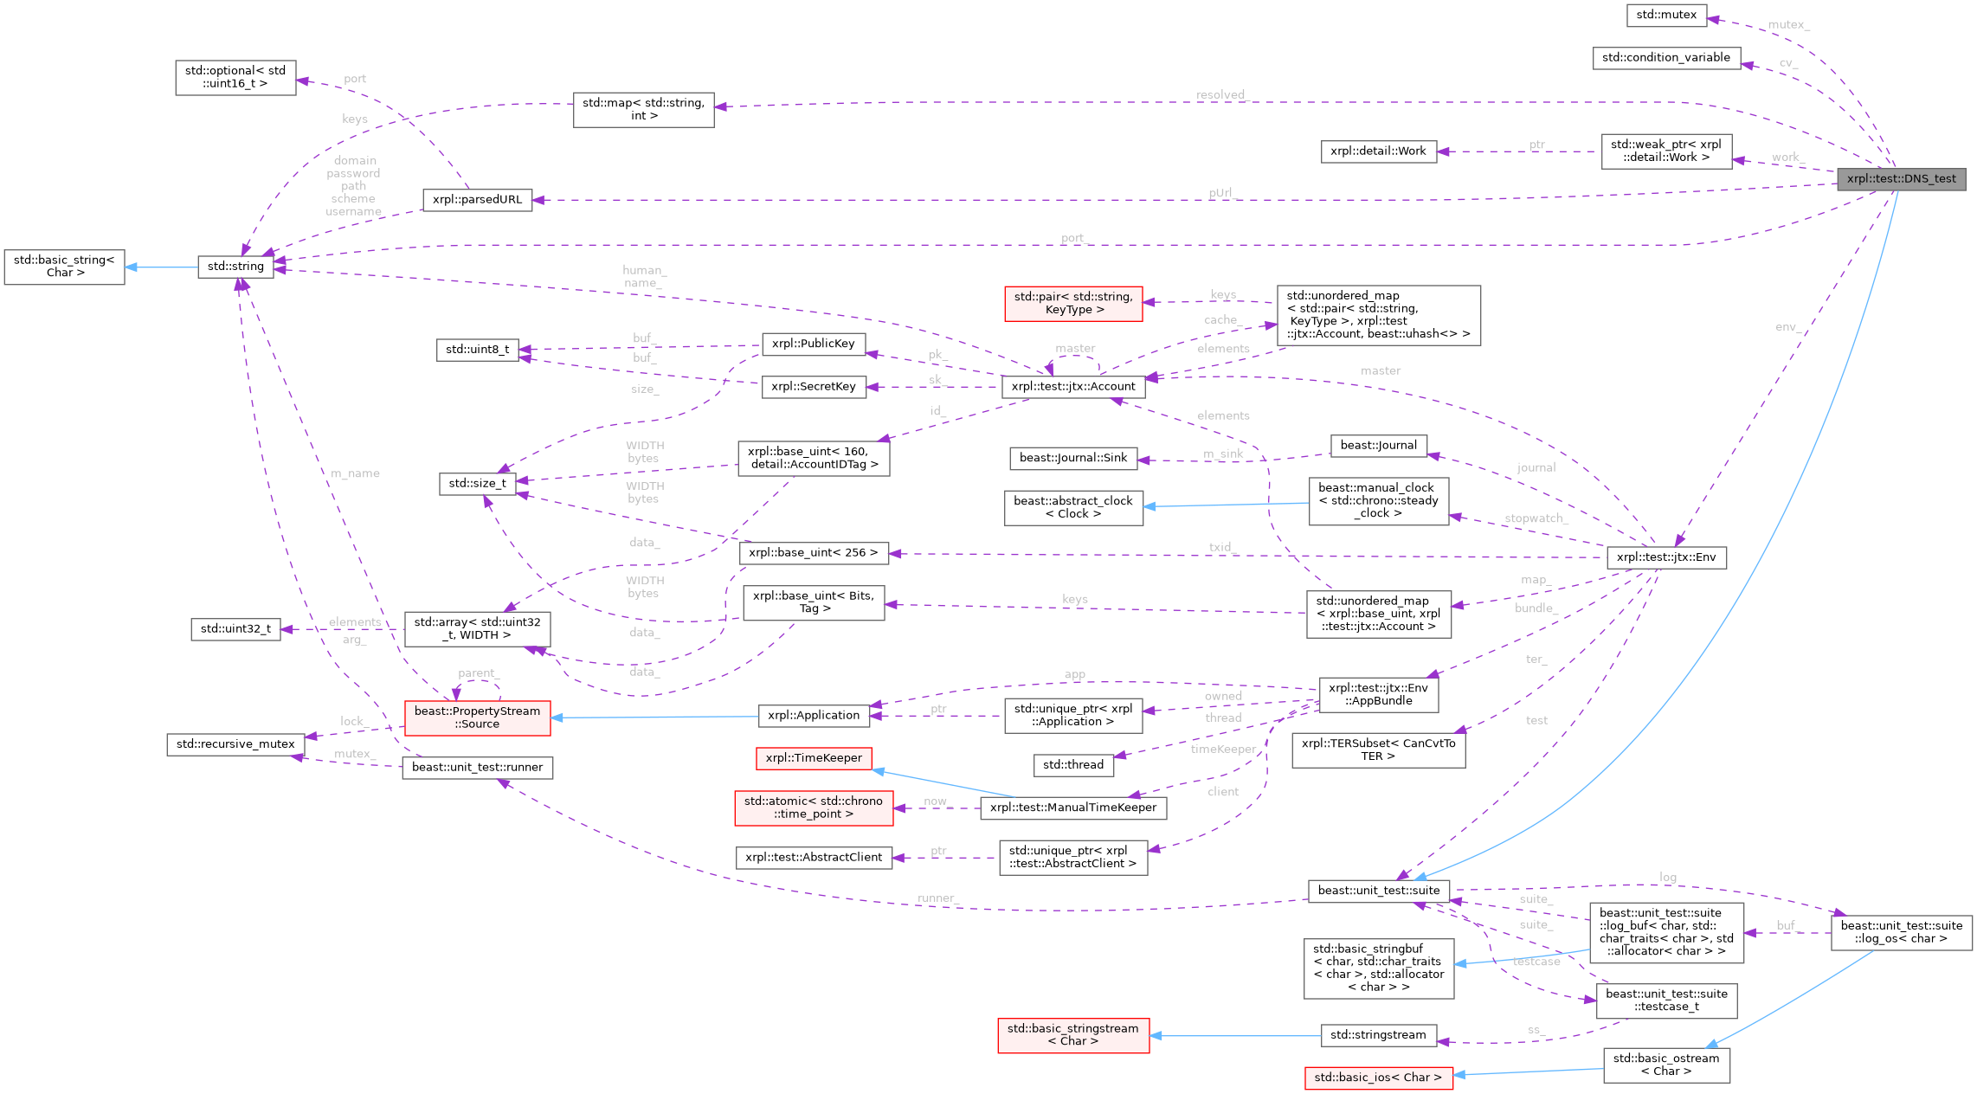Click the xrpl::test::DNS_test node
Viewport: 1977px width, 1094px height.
1901,179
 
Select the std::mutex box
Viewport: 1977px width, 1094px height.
1665,15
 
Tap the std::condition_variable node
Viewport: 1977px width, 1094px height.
1665,58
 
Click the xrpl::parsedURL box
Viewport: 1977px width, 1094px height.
477,200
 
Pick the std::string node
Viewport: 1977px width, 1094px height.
235,267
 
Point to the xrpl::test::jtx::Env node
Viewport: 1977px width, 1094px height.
1665,557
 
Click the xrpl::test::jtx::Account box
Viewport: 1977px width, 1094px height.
1072,387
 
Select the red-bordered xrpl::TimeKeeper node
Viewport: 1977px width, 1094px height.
814,758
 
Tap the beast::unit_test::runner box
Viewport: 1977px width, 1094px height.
477,768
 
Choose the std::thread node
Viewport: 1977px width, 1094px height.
1072,765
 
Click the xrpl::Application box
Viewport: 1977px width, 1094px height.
814,715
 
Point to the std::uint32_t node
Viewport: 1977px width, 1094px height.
235,629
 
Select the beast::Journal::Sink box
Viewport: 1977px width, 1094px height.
1072,458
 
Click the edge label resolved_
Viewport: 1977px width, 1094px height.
1220,94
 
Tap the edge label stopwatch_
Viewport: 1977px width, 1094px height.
1534,518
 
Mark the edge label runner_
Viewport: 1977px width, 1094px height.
937,898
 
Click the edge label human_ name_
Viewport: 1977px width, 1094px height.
643,277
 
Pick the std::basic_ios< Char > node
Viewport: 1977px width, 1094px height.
1378,1078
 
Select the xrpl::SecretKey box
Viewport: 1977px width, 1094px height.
813,387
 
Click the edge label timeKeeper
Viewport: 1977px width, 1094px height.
1222,750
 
